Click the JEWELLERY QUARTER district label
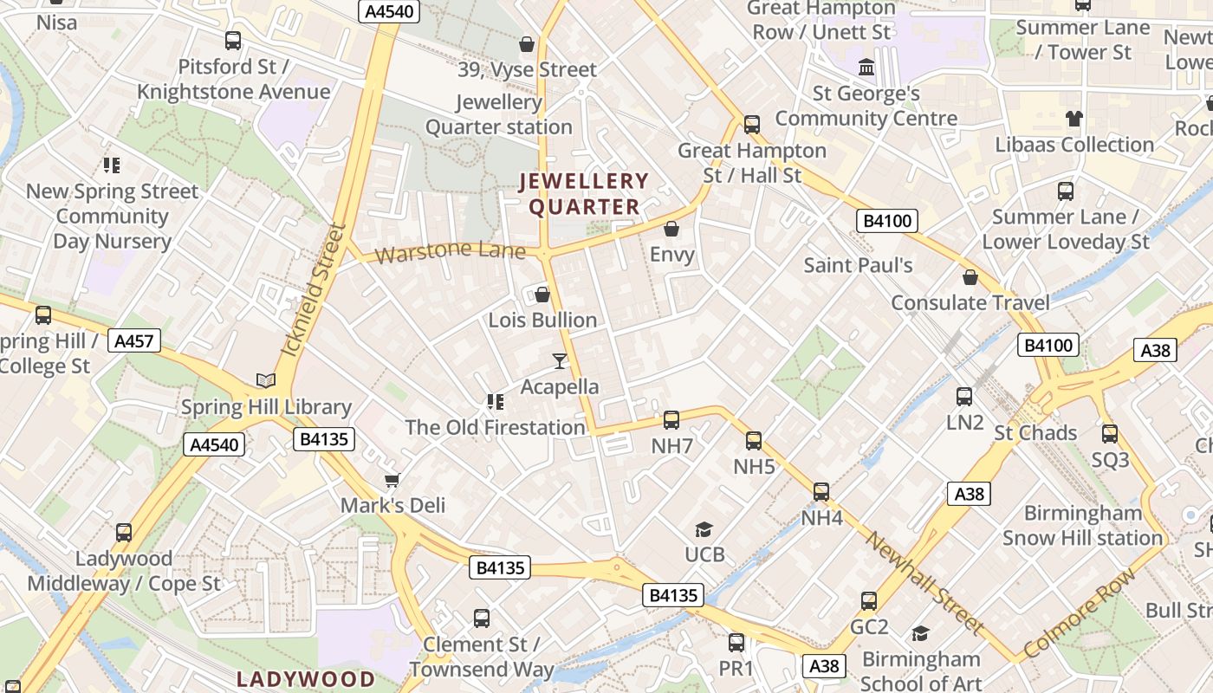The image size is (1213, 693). tap(583, 194)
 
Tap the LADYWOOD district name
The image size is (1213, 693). tap(306, 678)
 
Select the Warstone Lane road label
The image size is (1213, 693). tap(451, 252)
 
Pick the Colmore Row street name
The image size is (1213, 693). tap(1079, 613)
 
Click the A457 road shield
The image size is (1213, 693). tap(135, 341)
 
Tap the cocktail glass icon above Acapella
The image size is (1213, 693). tap(560, 360)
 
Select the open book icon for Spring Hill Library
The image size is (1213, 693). tap(266, 381)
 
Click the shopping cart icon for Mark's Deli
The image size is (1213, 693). tap(392, 480)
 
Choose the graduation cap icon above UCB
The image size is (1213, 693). tap(704, 529)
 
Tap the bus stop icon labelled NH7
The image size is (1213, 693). tap(671, 420)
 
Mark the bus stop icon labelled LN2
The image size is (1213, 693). tap(964, 397)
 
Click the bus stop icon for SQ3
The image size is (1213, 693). tap(1110, 434)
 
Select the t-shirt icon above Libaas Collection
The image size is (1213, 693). tap(1074, 119)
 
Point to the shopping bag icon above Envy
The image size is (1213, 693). tap(671, 229)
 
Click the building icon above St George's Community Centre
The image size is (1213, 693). tap(866, 67)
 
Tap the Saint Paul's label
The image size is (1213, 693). tap(858, 265)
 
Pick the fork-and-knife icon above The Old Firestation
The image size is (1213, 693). tap(496, 401)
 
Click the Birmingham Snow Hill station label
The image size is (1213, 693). tap(1082, 525)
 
